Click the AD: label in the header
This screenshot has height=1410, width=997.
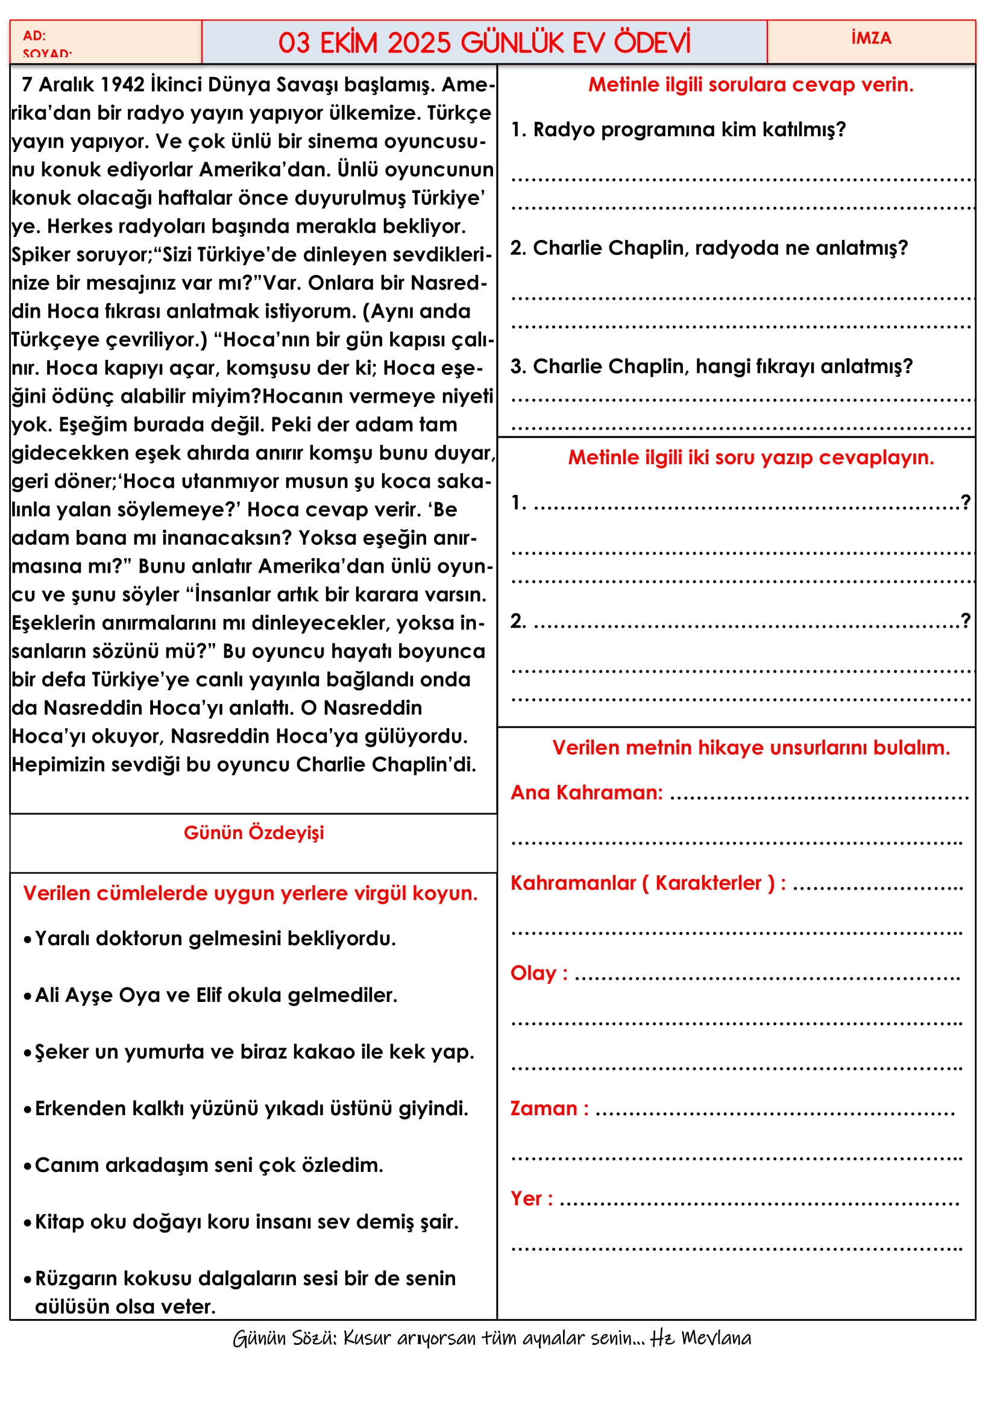(34, 36)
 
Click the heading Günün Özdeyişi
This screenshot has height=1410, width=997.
(254, 832)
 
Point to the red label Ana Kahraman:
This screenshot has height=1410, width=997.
(587, 793)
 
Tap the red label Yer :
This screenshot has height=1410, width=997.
(531, 1199)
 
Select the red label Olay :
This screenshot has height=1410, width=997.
(538, 974)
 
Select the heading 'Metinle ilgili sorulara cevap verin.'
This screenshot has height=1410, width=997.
(750, 85)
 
